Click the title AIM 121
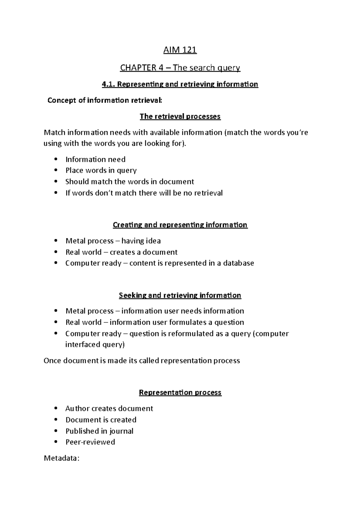(180, 50)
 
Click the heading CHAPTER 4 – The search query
(180, 68)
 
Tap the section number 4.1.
(108, 84)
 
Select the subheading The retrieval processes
(180, 116)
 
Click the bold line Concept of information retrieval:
(105, 100)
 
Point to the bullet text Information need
(95, 159)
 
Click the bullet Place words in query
(101, 170)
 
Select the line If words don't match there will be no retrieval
(144, 193)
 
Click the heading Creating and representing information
(180, 225)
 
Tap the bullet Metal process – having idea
(113, 241)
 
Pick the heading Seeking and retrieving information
(180, 295)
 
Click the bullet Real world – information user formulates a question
(155, 322)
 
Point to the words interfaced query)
(95, 344)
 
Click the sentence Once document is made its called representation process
(142, 360)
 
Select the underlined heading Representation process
(180, 392)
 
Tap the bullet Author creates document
(109, 408)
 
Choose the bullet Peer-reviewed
(90, 442)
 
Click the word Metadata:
(61, 458)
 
